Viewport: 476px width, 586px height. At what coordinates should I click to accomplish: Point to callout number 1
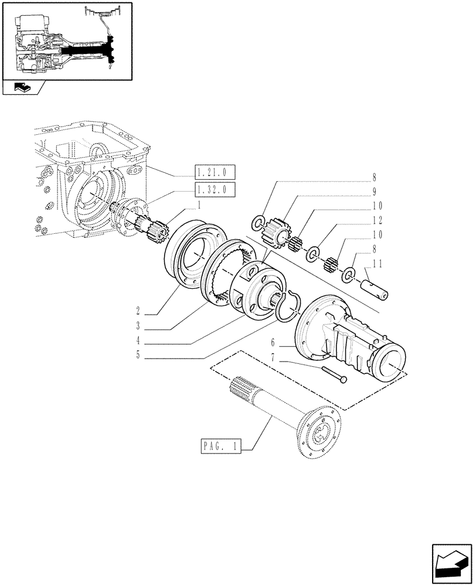coord(199,205)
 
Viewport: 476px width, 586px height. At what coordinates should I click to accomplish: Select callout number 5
coord(137,355)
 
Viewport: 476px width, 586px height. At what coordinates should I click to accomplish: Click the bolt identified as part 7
coord(334,374)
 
